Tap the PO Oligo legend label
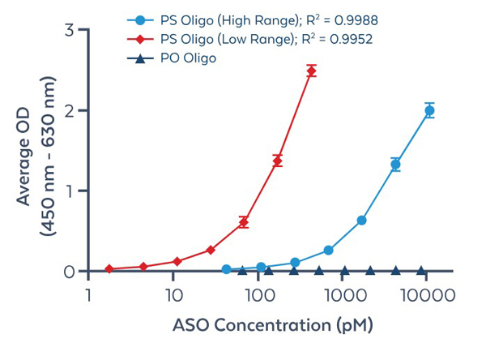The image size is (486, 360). point(188,58)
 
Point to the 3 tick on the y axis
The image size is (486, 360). point(70,31)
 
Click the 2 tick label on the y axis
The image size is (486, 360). point(70,110)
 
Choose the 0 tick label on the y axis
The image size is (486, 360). point(70,272)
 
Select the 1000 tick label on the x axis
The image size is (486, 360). point(344,298)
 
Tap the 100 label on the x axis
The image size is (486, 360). point(258,298)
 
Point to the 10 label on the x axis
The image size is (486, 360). point(173,298)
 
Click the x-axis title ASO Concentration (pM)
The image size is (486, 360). point(272,328)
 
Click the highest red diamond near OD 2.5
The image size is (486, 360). point(311,71)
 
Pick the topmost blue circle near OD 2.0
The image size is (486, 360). point(429,110)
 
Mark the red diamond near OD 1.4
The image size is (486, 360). point(277,161)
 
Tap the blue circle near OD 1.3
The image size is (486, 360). point(395,165)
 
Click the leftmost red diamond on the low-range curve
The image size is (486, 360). point(109,268)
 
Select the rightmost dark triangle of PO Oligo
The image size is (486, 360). point(420,271)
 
